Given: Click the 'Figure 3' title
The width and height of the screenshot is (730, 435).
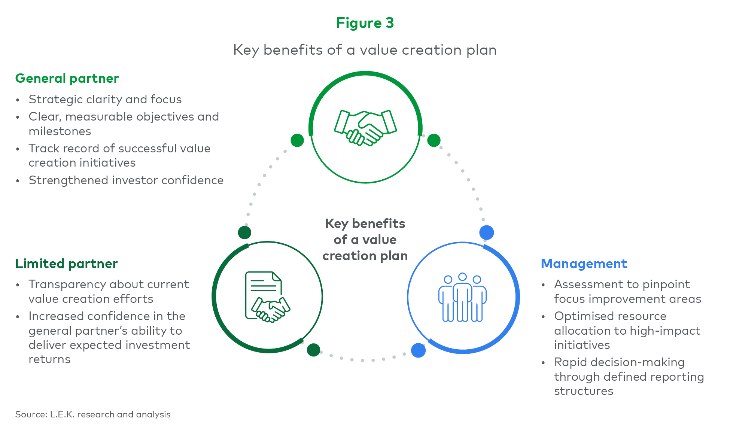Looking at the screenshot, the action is tap(365, 23).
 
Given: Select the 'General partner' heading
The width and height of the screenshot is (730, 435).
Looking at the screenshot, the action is tap(67, 79).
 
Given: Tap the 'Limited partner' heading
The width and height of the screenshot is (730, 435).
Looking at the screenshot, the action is tap(66, 264).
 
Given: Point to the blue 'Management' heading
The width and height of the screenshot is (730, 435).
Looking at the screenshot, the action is tap(584, 264).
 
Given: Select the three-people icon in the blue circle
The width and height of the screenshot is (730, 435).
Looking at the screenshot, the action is tap(462, 297).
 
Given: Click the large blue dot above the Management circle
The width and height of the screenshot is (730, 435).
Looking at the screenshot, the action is tap(487, 232).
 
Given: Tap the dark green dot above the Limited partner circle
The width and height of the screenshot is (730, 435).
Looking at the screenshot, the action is tap(244, 232).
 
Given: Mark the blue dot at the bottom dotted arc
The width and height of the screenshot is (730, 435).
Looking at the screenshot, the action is tap(418, 350).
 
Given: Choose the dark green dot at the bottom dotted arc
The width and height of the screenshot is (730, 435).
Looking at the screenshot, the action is tap(314, 350).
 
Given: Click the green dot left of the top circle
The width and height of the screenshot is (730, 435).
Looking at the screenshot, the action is tap(297, 140).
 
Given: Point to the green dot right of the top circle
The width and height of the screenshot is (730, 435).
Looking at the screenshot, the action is tap(434, 140).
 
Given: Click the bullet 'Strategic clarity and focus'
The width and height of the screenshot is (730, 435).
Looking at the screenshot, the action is tap(105, 100).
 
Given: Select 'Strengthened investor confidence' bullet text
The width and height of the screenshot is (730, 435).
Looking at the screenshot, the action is tap(126, 180).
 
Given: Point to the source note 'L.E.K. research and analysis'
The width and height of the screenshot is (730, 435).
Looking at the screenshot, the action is tap(110, 414).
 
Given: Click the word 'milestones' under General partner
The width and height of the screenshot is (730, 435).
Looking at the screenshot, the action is tap(60, 131).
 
